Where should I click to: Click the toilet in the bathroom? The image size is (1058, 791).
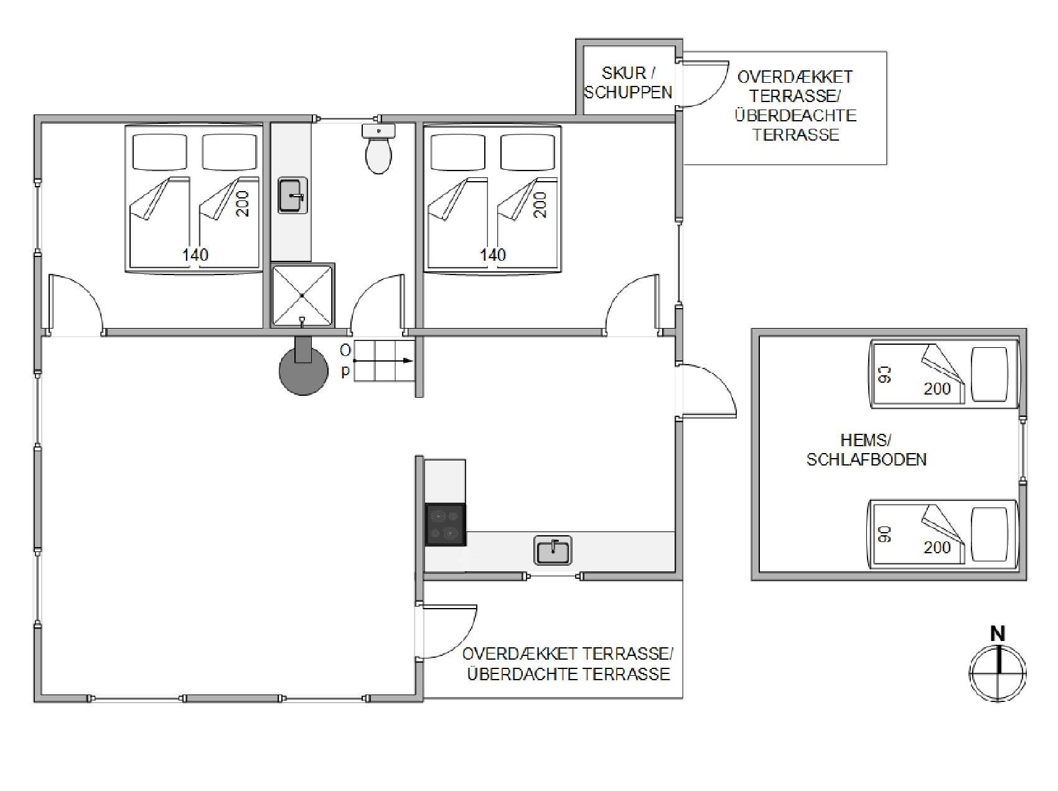378,149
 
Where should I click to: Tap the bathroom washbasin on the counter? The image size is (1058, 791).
293,195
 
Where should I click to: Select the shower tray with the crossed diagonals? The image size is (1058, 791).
302,296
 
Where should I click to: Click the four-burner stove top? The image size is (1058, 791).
445,525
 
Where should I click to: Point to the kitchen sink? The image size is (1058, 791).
553,551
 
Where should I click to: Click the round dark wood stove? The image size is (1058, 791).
303,369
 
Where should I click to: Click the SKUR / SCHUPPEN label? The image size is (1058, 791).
628,82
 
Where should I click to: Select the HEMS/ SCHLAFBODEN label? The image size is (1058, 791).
866,450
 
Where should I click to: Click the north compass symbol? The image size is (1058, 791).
998,674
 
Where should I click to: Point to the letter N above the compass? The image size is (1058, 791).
998,634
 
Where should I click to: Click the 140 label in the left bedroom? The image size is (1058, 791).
195,255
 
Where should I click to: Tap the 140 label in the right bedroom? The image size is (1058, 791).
493,255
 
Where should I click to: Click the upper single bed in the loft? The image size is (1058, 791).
943,374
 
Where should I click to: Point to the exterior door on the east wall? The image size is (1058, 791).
707,391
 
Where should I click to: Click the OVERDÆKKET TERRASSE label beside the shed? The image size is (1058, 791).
795,106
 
